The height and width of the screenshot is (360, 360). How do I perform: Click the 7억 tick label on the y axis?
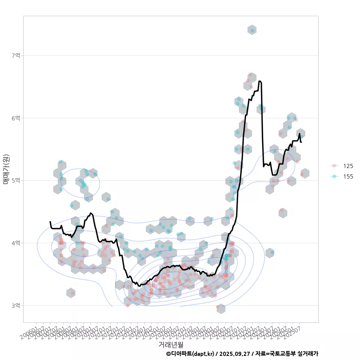16,55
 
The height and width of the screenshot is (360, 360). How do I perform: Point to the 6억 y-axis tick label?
16,118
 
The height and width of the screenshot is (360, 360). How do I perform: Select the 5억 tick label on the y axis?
16,180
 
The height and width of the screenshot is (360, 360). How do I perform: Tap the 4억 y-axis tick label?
16,243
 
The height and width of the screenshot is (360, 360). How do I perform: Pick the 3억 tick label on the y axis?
16,306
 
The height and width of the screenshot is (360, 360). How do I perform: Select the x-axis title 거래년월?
171,344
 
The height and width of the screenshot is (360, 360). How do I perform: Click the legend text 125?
348,166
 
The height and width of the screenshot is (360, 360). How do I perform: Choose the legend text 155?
348,176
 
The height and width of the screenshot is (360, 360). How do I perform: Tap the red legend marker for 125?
334,166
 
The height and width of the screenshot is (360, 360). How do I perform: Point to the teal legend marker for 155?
334,176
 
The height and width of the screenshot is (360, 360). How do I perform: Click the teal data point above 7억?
252,30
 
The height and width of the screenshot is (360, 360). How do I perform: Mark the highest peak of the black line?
260,81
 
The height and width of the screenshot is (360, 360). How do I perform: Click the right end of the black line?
301,142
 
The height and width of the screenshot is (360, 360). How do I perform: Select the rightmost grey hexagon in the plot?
304,173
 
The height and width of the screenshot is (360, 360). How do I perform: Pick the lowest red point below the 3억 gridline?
217,307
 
